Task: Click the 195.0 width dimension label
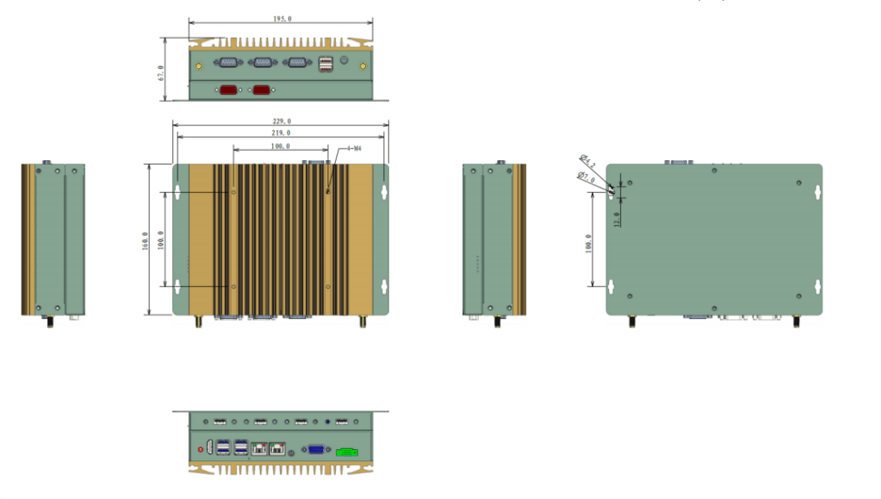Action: coord(281,18)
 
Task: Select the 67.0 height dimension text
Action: coord(161,71)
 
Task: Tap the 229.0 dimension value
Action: coord(282,121)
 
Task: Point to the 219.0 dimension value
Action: coord(282,133)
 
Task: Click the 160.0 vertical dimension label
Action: coord(146,240)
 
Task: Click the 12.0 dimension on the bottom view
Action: coord(617,220)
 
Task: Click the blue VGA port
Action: coord(316,449)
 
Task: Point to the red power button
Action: coord(202,449)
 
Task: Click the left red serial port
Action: coord(229,90)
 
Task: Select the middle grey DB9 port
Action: coord(261,62)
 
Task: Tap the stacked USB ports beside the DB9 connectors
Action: coord(327,64)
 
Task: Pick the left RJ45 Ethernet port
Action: coord(258,448)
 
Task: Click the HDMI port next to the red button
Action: coord(211,446)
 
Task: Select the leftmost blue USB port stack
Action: coord(223,447)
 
